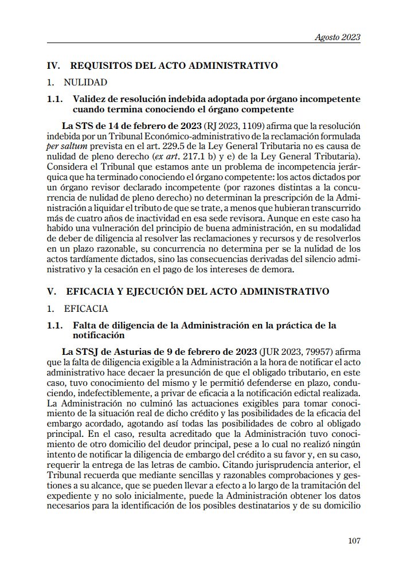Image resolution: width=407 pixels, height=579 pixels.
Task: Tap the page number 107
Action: click(x=354, y=539)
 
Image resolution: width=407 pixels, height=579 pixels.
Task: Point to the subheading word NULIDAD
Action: click(x=85, y=83)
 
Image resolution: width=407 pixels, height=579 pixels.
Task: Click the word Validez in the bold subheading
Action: click(x=89, y=99)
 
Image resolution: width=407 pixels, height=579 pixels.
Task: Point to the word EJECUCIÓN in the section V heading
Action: click(x=148, y=291)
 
